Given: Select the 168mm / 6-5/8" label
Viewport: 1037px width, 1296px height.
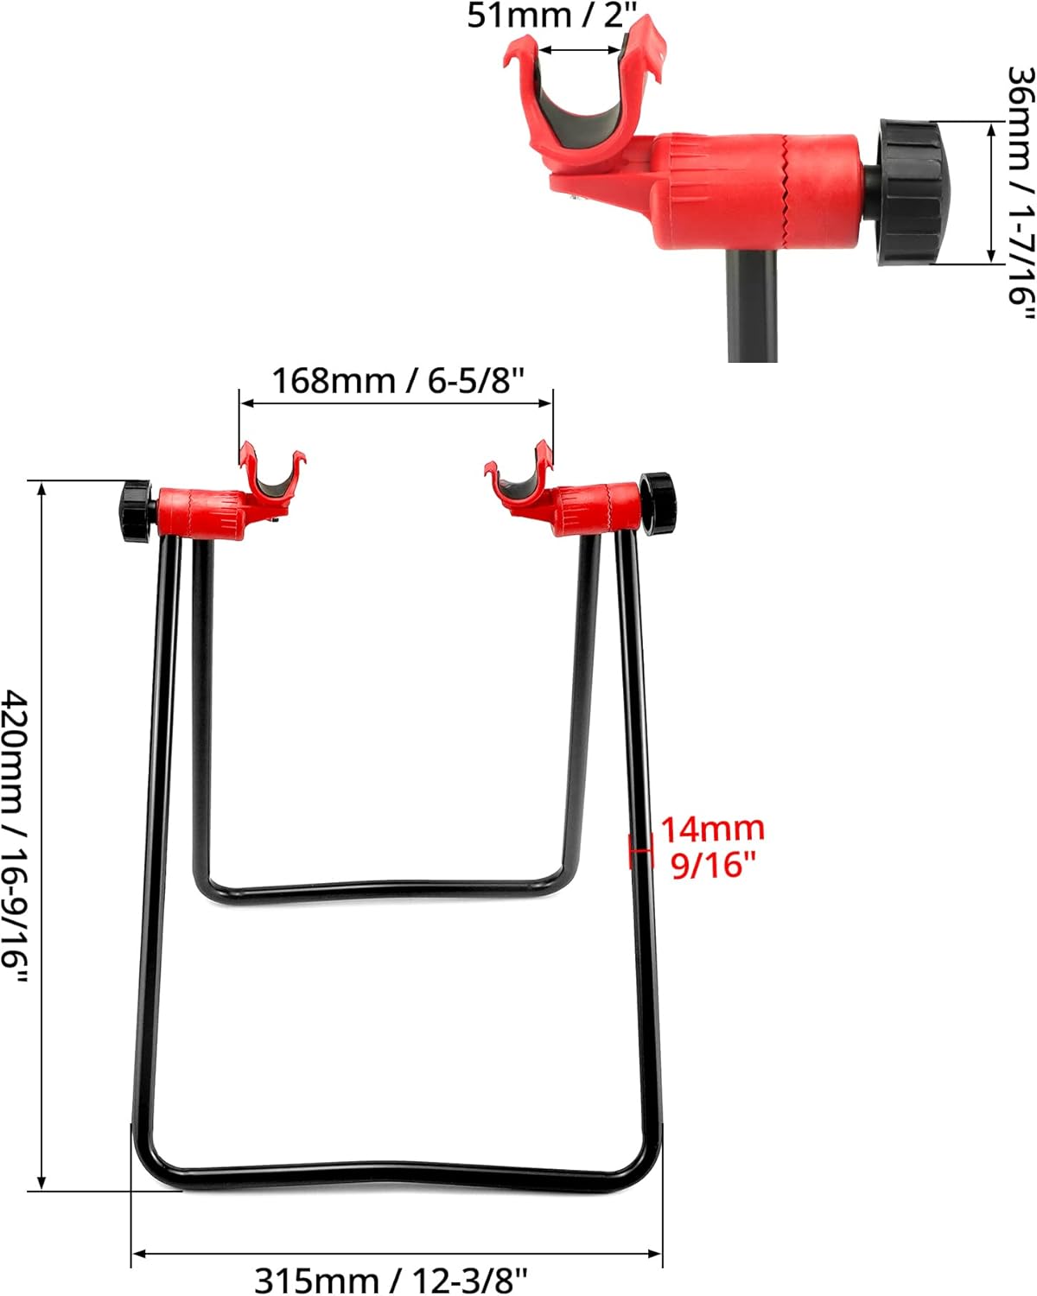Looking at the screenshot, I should click(x=398, y=380).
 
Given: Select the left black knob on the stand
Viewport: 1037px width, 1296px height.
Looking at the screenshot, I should click(x=137, y=512).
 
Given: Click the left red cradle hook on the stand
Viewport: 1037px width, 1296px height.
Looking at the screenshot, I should click(x=272, y=480).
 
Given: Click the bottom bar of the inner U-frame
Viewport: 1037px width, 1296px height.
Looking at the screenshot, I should click(x=380, y=890).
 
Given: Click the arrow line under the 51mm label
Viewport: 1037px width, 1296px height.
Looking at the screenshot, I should click(x=579, y=50).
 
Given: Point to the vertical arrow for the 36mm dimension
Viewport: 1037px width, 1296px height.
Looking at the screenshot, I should click(x=991, y=192).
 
